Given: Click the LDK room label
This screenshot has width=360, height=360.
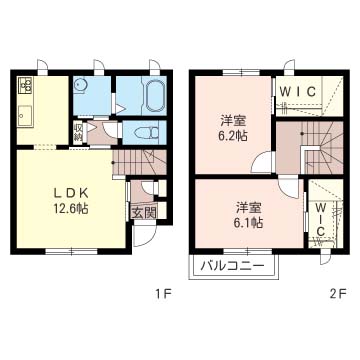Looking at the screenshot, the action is tap(71, 193).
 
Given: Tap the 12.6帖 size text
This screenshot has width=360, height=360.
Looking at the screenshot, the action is tap(71, 209).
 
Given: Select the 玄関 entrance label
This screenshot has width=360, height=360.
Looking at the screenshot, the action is tap(144, 213).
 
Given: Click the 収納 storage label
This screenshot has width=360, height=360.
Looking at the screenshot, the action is tap(78, 133).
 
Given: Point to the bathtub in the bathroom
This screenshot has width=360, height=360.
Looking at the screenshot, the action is tap(154, 95).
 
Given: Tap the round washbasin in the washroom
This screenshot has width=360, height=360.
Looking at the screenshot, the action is tap(80, 86).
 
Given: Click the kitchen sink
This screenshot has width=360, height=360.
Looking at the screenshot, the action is tap(26, 116).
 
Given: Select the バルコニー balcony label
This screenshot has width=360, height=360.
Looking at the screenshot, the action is tap(233, 266).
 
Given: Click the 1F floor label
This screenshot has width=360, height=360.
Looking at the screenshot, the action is tap(164, 294).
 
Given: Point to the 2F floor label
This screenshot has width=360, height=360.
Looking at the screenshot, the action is tap(339, 294).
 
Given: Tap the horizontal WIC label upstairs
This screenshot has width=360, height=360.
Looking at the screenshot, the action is tap(297, 91).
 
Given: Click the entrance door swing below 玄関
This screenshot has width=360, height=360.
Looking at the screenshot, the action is tap(144, 236).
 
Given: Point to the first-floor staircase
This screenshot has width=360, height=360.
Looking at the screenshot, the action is tap(140, 162).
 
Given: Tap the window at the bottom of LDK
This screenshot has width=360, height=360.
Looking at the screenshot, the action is tap(71, 251).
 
